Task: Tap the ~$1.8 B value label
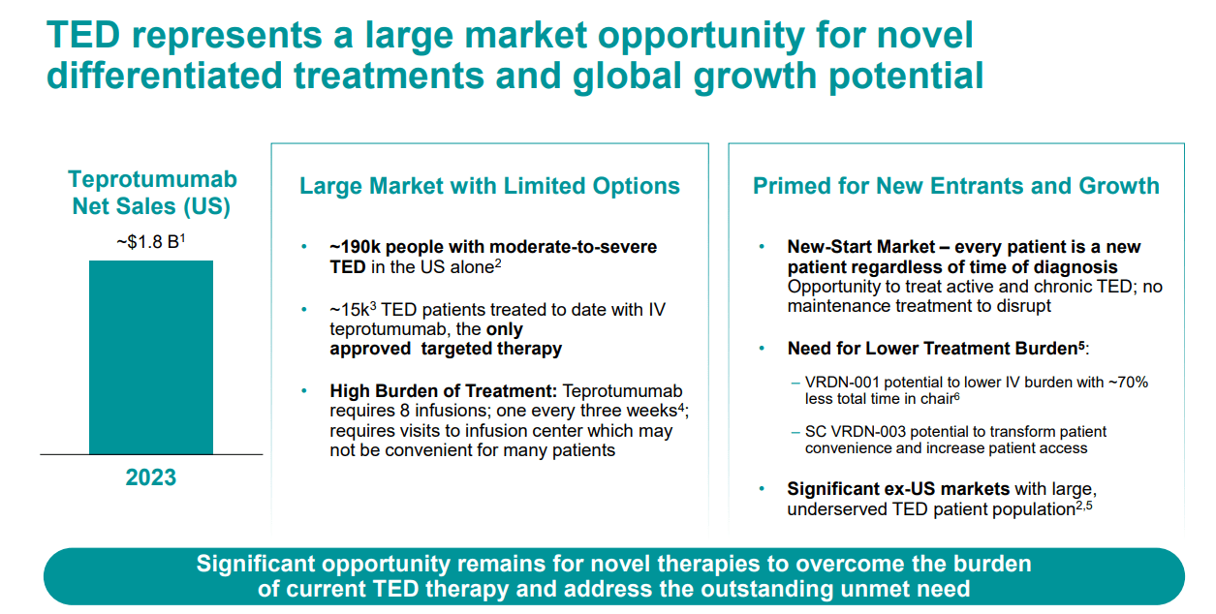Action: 150,240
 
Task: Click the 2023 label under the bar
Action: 151,477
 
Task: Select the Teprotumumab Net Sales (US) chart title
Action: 152,193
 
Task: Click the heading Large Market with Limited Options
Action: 489,186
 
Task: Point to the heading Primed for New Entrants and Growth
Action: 955,186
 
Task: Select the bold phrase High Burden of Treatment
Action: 443,391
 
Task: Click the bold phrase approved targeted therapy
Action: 446,349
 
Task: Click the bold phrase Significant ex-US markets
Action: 898,488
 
